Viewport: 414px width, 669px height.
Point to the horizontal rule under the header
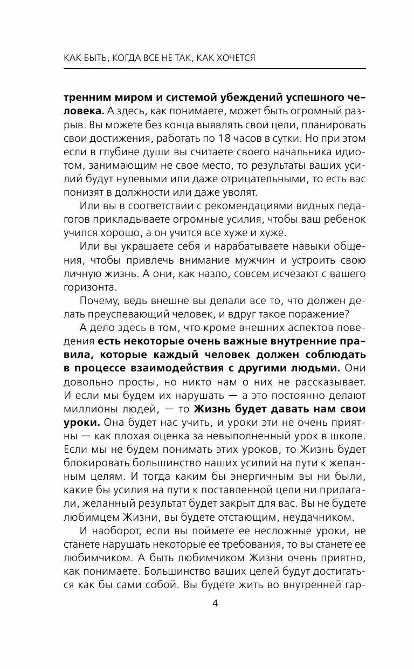[215, 68]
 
